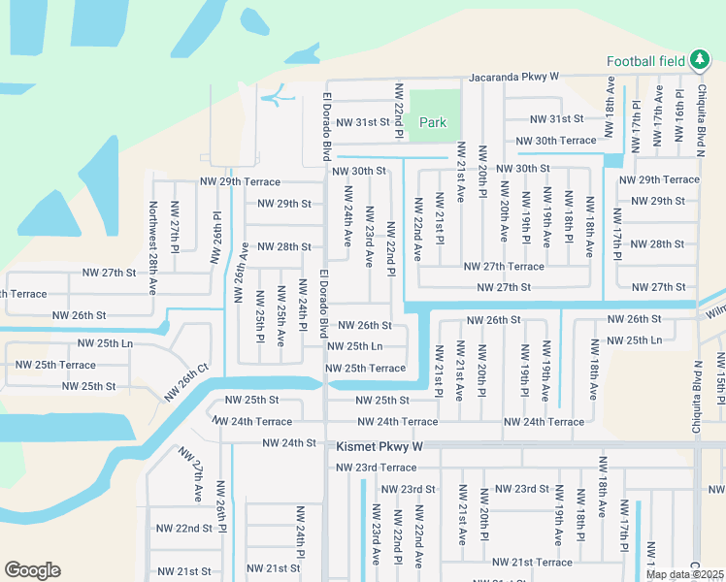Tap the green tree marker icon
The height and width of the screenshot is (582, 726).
(x=699, y=60)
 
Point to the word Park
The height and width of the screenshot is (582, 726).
(x=433, y=122)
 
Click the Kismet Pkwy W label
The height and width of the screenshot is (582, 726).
(x=379, y=447)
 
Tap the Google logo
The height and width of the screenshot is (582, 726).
(x=32, y=570)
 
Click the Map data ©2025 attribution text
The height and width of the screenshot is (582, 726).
(x=683, y=574)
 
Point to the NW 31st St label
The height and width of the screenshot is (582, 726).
(x=556, y=118)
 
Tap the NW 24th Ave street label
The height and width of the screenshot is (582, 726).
(x=346, y=224)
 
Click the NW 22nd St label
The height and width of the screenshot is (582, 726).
(x=183, y=528)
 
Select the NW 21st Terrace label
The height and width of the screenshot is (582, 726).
(x=532, y=563)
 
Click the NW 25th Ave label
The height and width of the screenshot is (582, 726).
(x=280, y=316)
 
